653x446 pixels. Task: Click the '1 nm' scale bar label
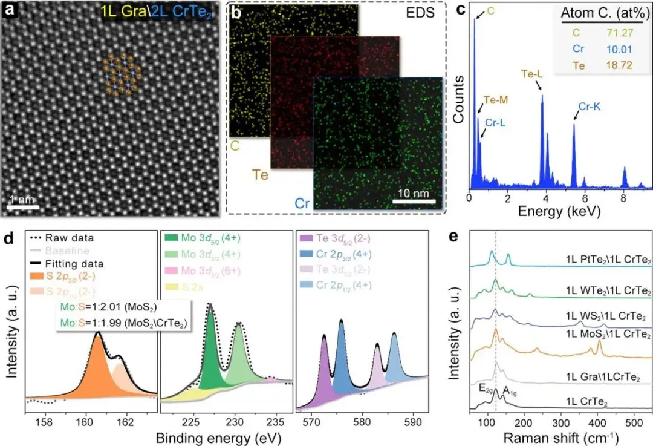pyautogui.click(x=23, y=197)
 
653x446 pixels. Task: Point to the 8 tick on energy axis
pyautogui.click(x=623, y=198)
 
